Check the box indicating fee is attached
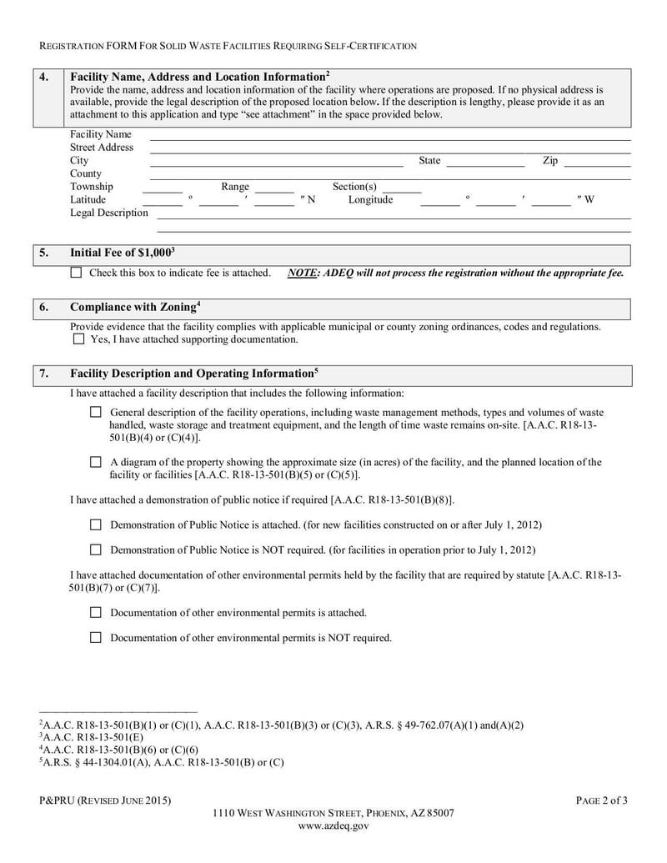pyautogui.click(x=76, y=273)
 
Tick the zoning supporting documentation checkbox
pyautogui.click(x=78, y=339)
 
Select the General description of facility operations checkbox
pyautogui.click(x=95, y=412)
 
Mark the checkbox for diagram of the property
pyautogui.click(x=95, y=462)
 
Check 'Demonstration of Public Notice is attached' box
pyautogui.click(x=95, y=525)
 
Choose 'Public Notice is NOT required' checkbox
pyautogui.click(x=95, y=550)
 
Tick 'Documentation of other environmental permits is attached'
pyautogui.click(x=95, y=613)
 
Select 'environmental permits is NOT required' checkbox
pyautogui.click(x=95, y=638)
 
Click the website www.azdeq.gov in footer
pyautogui.click(x=333, y=826)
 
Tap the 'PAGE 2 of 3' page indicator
pyautogui.click(x=601, y=801)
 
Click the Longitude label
pyautogui.click(x=370, y=200)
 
